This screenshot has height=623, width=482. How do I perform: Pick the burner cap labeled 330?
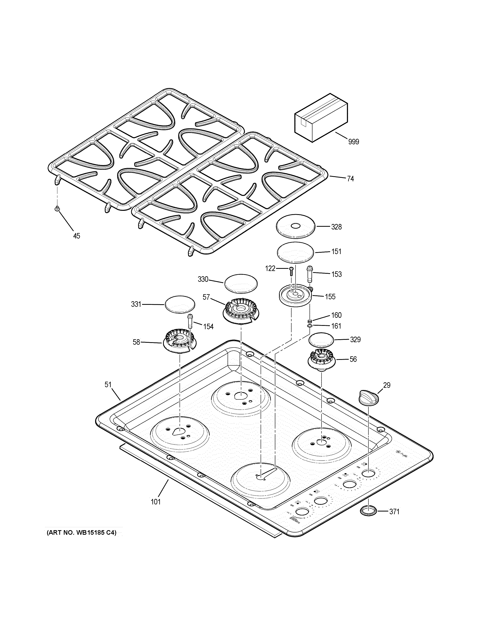coord(241,284)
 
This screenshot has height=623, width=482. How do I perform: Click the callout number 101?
coord(156,501)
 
